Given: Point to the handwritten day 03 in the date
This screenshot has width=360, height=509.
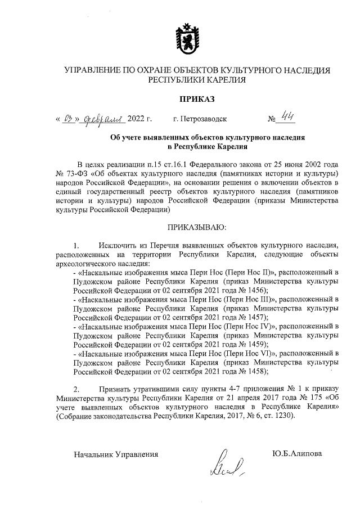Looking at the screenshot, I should pyautogui.click(x=70, y=119).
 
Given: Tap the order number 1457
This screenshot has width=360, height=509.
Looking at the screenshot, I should pyautogui.click(x=250, y=317).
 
